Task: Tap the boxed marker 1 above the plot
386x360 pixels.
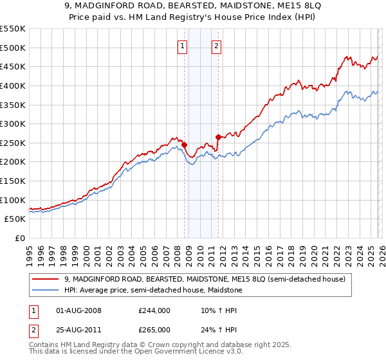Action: click(x=183, y=46)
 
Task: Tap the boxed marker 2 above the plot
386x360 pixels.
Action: click(x=216, y=46)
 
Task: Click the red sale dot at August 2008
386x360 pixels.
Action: click(x=184, y=145)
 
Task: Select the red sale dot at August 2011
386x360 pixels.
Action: click(x=219, y=137)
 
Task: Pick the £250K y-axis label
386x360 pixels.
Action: click(x=14, y=143)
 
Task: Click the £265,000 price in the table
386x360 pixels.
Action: click(x=154, y=330)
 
